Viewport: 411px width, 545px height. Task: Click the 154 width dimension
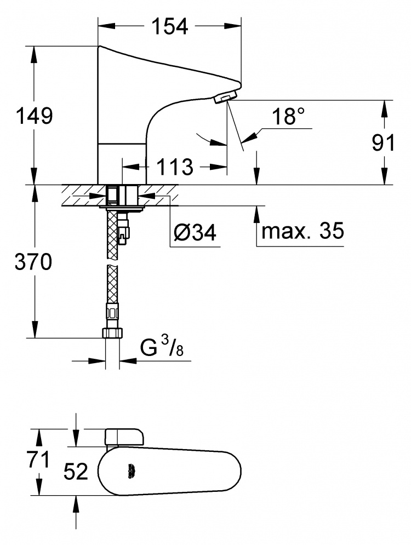(x=170, y=27)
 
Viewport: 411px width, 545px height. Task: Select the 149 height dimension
(x=35, y=116)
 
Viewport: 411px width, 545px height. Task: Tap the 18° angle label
(x=288, y=116)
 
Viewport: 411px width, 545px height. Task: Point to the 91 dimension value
(x=384, y=142)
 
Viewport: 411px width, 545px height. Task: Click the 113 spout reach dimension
(x=175, y=167)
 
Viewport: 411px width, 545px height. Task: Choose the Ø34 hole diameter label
(x=195, y=232)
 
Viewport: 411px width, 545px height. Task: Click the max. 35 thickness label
(x=302, y=230)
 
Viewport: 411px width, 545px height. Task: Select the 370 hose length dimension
(x=33, y=262)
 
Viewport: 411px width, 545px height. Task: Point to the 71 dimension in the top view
(x=38, y=460)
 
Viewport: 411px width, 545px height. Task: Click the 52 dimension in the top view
(x=76, y=472)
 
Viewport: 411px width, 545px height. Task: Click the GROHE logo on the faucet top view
(x=132, y=472)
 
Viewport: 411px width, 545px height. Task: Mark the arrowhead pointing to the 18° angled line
(x=250, y=136)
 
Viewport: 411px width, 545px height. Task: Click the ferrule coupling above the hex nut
(x=113, y=312)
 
